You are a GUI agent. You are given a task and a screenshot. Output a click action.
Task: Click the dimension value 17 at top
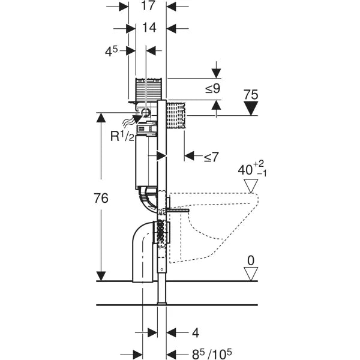point(148,7)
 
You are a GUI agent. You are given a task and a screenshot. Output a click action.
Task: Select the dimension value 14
point(148,28)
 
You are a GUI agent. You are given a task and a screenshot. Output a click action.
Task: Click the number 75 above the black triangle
point(251,94)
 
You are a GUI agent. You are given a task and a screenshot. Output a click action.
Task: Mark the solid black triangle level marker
point(251,108)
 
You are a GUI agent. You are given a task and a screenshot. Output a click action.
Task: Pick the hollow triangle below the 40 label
point(251,187)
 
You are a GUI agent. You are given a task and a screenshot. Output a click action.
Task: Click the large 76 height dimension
point(101,199)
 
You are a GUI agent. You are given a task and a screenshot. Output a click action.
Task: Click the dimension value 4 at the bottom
point(196,332)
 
